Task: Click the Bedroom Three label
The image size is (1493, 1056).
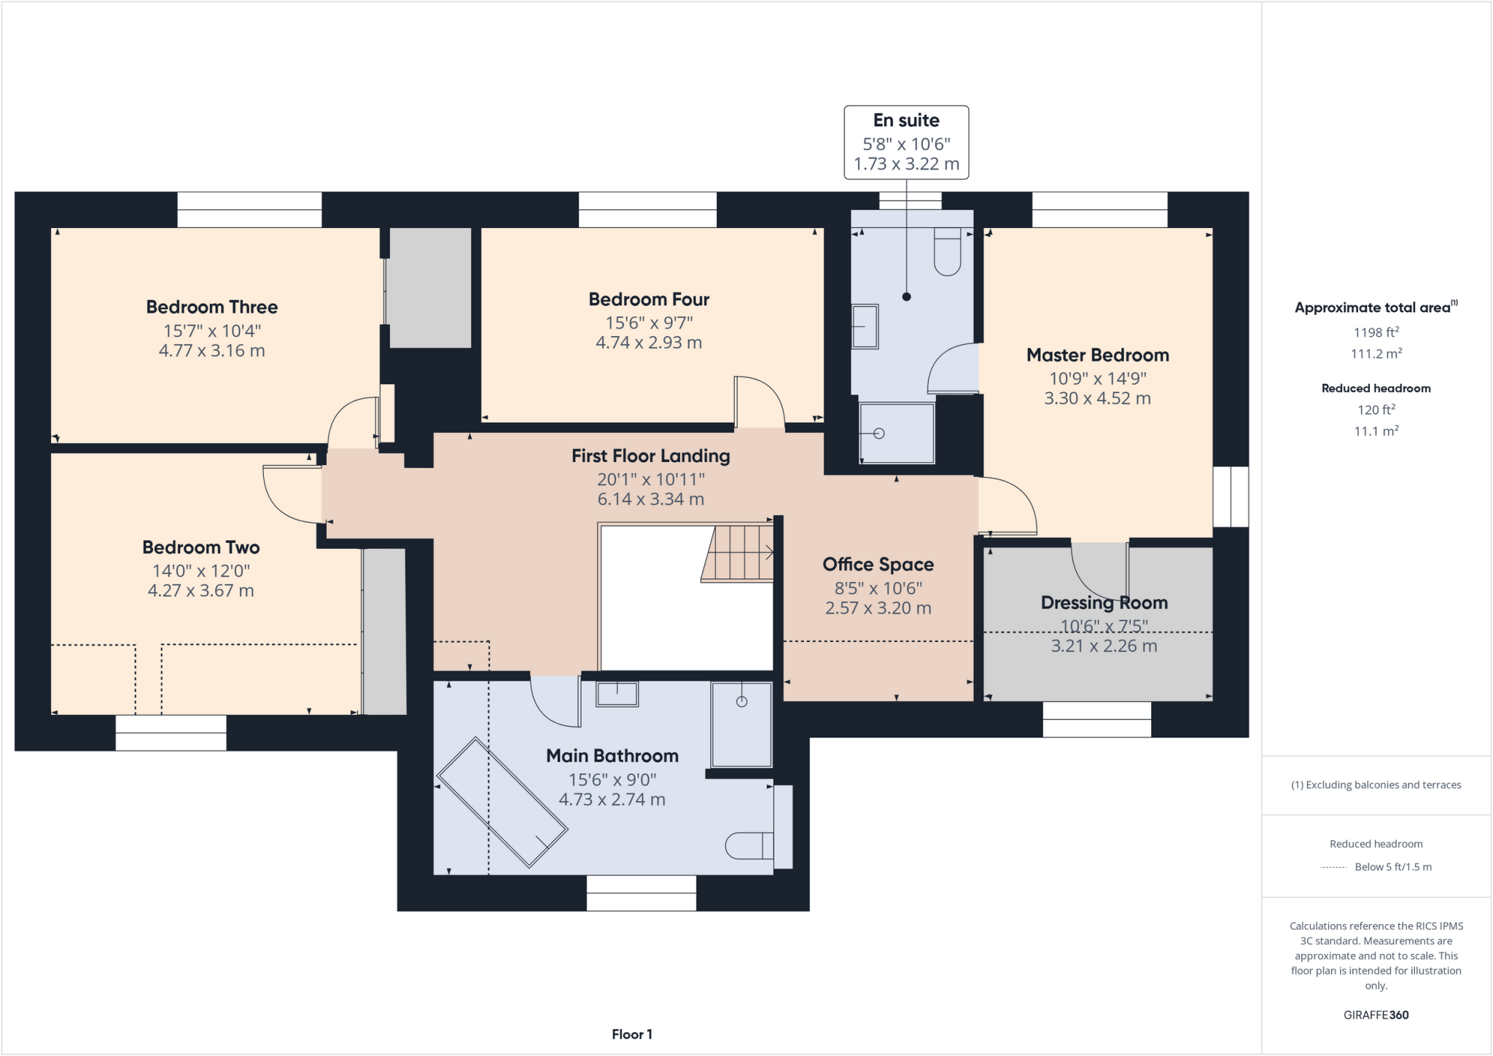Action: (211, 307)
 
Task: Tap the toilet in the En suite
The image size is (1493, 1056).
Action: (947, 252)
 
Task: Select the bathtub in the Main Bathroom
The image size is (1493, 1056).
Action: (502, 802)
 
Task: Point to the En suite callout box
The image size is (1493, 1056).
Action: (906, 142)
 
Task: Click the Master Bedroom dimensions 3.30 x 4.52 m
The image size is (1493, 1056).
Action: (1097, 399)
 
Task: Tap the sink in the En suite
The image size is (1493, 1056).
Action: (865, 326)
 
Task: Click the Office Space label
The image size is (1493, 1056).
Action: (878, 564)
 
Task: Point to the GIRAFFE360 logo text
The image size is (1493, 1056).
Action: (1376, 1014)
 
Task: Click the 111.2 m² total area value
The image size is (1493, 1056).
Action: (1376, 353)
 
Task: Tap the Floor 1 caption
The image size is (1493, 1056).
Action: (631, 1034)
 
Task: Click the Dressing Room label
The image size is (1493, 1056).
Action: (1104, 603)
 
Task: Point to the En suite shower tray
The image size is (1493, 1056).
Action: (897, 433)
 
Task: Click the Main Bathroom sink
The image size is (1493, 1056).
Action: (617, 694)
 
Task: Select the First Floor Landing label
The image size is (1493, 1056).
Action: (650, 456)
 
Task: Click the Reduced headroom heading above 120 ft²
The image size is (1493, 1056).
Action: (1376, 388)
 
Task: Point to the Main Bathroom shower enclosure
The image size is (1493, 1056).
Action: (741, 724)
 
